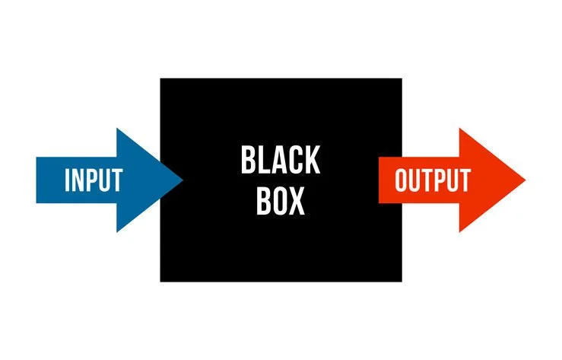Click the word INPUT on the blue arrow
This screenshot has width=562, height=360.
pos(93,180)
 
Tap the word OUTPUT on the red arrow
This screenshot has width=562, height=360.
pos(433,180)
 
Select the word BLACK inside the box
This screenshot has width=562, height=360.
pos(281,161)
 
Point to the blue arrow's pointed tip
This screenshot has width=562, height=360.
pos(183,180)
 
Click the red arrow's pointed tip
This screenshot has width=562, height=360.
pos(525,180)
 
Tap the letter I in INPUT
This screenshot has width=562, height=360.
pos(68,180)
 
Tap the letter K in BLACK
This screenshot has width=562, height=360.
pos(313,161)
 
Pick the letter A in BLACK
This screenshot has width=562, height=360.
pos(281,161)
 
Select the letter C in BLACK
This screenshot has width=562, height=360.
pos(297,161)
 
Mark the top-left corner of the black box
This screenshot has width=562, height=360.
pos(160,78)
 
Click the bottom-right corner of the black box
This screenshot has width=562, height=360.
pos(401,281)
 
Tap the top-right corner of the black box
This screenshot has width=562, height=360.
pos(401,78)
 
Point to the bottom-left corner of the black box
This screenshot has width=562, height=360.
pos(160,281)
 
